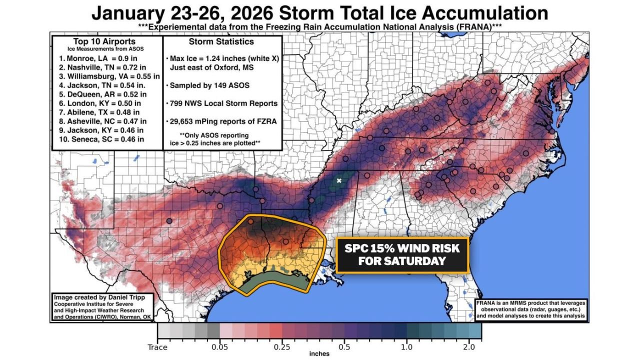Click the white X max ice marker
coord(339,180)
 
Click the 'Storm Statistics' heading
coord(221,41)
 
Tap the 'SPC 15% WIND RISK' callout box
coord(402,254)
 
